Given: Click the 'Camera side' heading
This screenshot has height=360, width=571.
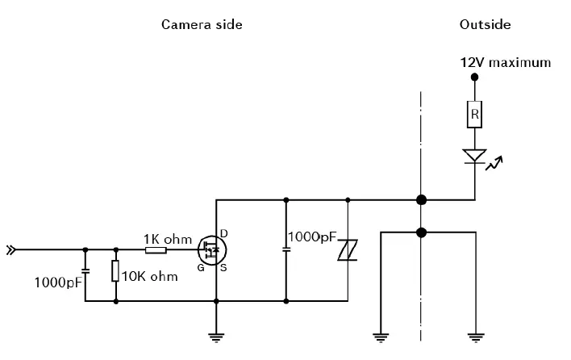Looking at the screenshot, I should [x=202, y=24].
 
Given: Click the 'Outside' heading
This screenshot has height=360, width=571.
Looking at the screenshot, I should [x=485, y=24].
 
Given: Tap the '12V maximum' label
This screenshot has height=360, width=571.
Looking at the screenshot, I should [x=506, y=62].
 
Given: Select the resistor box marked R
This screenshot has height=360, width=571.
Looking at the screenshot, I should [x=474, y=115].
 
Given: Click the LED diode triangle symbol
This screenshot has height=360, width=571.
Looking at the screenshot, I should [x=474, y=156].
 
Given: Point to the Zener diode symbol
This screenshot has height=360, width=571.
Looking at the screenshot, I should [x=347, y=251].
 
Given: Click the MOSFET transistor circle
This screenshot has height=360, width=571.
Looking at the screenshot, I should [x=212, y=250].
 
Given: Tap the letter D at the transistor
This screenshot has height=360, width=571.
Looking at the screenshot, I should [x=223, y=234].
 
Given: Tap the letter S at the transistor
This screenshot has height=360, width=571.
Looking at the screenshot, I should [x=223, y=268].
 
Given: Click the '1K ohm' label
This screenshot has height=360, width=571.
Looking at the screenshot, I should [x=168, y=239].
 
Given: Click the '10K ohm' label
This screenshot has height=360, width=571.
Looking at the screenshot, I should [x=149, y=276].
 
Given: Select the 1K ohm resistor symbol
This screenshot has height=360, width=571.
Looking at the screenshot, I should [x=156, y=250].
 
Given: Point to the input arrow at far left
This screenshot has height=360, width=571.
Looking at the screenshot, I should [x=10, y=250].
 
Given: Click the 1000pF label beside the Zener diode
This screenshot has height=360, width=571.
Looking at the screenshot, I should [x=313, y=237].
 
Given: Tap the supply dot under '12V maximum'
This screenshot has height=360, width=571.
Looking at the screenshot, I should [x=474, y=77].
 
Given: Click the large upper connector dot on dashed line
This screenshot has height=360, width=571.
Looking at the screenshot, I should [x=421, y=199].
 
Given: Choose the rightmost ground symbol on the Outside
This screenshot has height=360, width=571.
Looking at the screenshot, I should [x=474, y=335].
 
